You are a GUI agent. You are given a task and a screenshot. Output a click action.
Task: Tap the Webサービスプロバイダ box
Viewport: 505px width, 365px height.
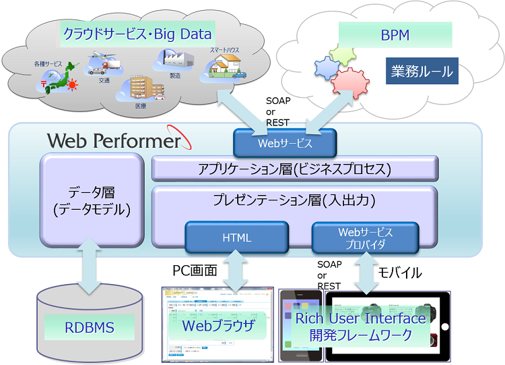pyautogui.click(x=365, y=237)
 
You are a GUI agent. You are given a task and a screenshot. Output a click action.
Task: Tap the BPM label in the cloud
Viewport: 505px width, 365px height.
pyautogui.click(x=395, y=34)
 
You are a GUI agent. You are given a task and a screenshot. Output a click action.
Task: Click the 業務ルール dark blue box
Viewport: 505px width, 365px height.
pyautogui.click(x=422, y=71)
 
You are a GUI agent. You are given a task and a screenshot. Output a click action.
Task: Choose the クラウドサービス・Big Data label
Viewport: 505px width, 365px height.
pyautogui.click(x=137, y=33)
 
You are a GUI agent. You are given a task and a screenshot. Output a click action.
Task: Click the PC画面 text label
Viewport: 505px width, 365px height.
pyautogui.click(x=195, y=271)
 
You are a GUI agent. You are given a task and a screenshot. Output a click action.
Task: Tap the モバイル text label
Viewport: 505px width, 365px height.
pyautogui.click(x=400, y=273)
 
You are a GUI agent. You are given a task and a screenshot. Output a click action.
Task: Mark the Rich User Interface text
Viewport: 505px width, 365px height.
pyautogui.click(x=361, y=318)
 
